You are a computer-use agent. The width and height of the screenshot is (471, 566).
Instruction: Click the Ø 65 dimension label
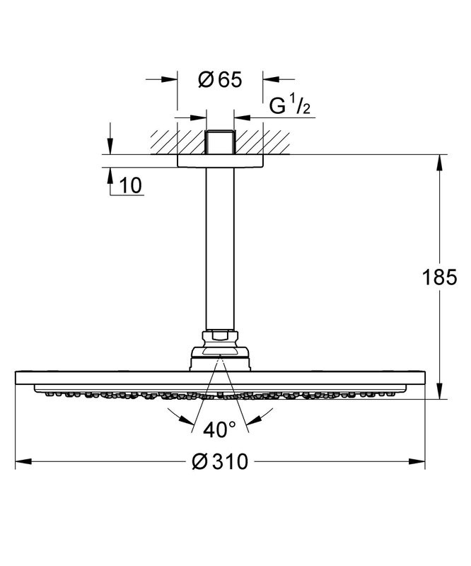pyautogui.click(x=219, y=80)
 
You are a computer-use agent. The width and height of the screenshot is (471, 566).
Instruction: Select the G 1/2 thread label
pyautogui.click(x=291, y=107)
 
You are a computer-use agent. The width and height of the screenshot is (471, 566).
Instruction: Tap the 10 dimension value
pyautogui.click(x=131, y=185)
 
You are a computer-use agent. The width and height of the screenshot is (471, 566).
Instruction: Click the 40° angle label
pyautogui.click(x=220, y=429)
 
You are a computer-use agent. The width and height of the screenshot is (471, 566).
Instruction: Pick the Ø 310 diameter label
pyautogui.click(x=220, y=463)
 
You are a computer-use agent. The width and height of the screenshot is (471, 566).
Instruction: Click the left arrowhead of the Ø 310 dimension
pyautogui.click(x=21, y=463)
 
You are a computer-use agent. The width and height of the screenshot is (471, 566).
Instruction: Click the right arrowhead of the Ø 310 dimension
pyautogui.click(x=420, y=463)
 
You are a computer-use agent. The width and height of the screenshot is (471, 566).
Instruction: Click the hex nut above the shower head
pyautogui.click(x=219, y=337)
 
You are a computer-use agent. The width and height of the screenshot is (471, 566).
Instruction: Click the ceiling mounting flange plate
pyautogui.click(x=219, y=161)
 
